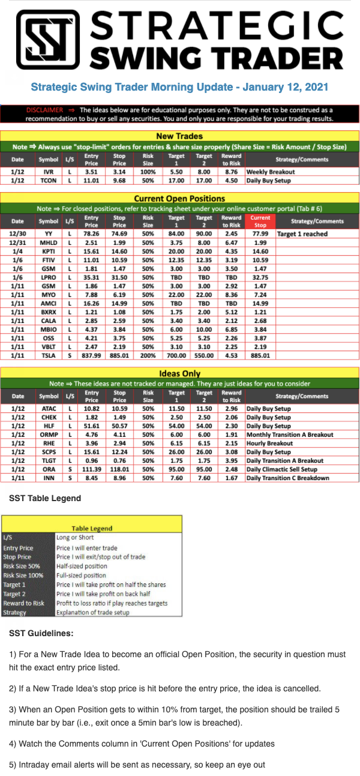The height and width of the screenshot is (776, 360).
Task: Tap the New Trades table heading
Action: (x=179, y=136)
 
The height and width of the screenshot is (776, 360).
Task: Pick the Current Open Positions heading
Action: (x=179, y=198)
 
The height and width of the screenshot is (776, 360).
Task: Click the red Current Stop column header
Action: (x=260, y=221)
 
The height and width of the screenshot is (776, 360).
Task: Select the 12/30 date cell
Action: (x=17, y=233)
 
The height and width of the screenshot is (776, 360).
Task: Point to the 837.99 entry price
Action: (x=92, y=355)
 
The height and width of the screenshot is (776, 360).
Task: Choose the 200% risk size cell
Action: (x=148, y=355)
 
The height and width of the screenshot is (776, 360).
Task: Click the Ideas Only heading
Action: (x=179, y=374)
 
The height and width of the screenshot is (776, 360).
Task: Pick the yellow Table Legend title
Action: (x=92, y=528)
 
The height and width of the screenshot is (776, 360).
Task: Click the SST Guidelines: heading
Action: (x=41, y=633)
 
